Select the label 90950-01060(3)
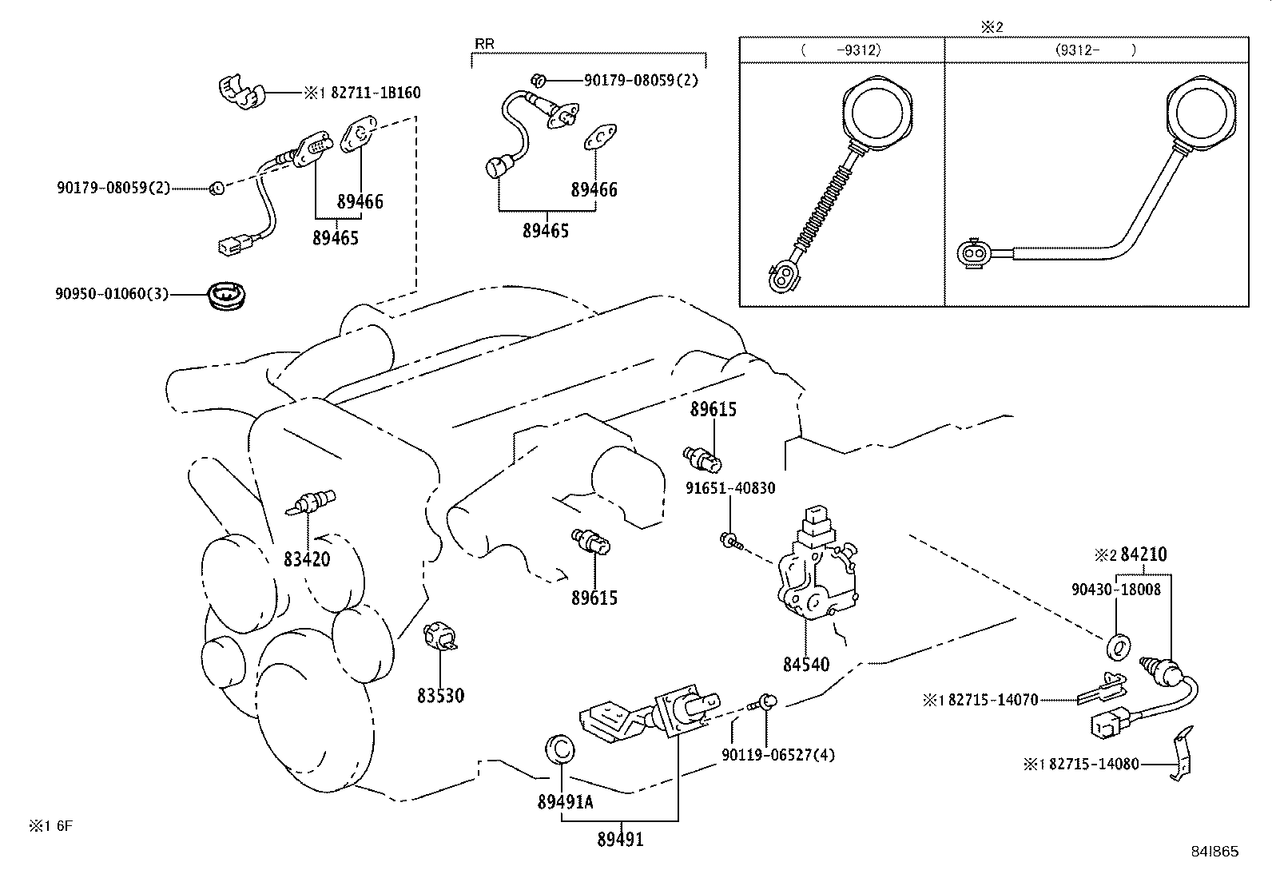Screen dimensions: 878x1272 click(x=112, y=294)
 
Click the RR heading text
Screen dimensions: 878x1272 click(x=484, y=44)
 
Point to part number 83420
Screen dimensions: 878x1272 click(x=307, y=559)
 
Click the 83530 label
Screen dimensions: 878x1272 click(x=440, y=696)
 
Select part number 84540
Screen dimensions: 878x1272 click(x=806, y=664)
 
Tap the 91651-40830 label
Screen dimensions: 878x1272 click(x=730, y=487)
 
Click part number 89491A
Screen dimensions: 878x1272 click(x=565, y=802)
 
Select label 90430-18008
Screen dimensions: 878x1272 click(x=1116, y=590)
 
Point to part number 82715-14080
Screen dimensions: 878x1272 click(x=1094, y=765)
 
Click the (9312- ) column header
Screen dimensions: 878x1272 click(x=1095, y=50)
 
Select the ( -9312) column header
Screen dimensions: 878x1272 click(x=841, y=50)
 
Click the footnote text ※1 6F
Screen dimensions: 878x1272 click(x=51, y=826)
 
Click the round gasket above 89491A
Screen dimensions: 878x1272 click(x=559, y=749)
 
